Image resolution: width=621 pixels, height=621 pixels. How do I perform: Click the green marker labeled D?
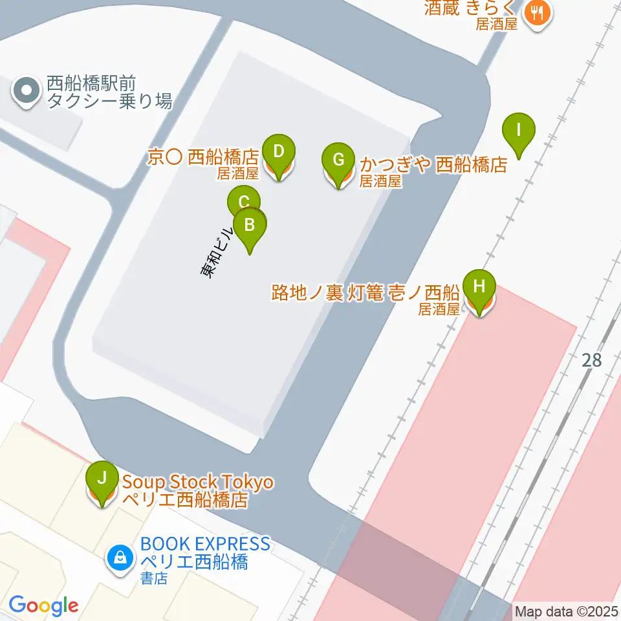[x=279, y=153]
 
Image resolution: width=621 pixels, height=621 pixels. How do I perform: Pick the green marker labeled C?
[x=243, y=201]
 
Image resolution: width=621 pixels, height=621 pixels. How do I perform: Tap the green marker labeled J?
[x=102, y=479]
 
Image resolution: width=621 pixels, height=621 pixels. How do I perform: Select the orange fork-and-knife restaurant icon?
[x=537, y=11]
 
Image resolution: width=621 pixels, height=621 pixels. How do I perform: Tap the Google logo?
[x=43, y=606]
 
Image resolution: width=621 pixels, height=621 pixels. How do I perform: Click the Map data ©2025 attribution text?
[x=567, y=611]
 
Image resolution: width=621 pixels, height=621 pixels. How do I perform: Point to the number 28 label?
[x=592, y=360]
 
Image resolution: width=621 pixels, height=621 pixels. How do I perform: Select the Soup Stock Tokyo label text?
[x=198, y=483]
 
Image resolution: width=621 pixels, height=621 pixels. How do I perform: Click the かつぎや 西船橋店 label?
[x=433, y=165]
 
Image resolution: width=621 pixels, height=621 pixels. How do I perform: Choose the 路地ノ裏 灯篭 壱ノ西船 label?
[x=365, y=293]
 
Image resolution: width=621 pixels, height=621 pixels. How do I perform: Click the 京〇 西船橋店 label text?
[x=203, y=157]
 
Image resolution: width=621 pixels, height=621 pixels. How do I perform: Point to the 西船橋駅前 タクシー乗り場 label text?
[x=109, y=93]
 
